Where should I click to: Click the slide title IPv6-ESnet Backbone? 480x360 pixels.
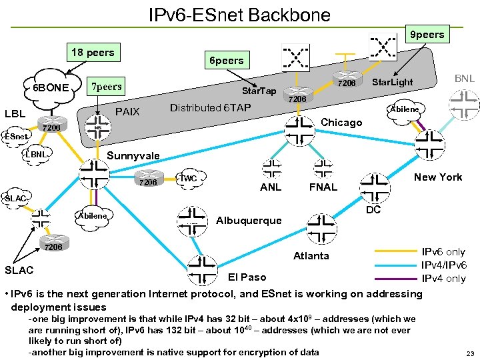pos(239,14)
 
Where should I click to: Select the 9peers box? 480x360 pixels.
pos(427,33)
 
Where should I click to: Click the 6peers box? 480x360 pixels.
pos(227,61)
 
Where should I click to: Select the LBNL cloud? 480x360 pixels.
pos(37,155)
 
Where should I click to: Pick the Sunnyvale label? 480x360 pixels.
pos(133,156)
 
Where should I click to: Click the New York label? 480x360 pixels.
pos(437,177)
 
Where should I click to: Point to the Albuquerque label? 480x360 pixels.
pos(249,221)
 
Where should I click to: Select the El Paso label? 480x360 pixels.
pos(247,277)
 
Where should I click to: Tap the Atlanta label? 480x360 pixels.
pos(311,255)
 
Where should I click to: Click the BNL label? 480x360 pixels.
pos(464,79)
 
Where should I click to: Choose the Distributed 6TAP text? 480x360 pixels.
pos(210,107)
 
